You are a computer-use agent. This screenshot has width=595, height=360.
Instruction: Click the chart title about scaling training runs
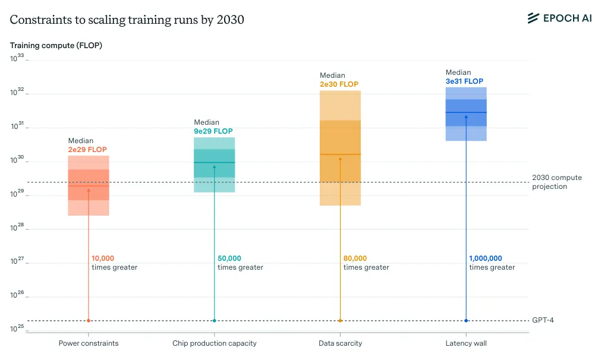coord(127,20)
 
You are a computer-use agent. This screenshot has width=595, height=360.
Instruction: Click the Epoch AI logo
coord(559,18)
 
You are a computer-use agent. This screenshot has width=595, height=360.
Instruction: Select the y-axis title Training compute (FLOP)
coord(56,45)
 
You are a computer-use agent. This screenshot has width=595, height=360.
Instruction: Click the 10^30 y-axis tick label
coord(17,160)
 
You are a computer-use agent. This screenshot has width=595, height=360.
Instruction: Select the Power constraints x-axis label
coord(89,343)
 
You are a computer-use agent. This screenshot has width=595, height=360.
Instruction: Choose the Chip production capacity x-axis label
coord(215,343)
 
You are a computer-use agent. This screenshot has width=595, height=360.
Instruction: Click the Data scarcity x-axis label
coord(341,343)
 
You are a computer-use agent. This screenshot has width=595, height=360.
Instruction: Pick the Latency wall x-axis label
coord(466,343)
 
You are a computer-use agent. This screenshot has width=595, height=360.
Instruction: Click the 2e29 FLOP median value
coord(87,150)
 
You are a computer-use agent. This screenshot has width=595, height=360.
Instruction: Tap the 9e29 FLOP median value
coord(213,131)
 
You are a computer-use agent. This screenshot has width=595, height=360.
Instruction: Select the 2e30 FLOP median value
coord(339,84)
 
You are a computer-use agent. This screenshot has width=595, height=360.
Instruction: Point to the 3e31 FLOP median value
coord(465,81)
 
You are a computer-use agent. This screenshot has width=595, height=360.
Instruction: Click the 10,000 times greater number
coord(103,258)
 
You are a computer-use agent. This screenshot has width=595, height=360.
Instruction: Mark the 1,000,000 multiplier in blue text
coord(486,258)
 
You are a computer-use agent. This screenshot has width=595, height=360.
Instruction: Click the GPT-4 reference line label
coord(543,320)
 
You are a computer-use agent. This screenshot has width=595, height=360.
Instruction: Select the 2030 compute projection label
coord(556,182)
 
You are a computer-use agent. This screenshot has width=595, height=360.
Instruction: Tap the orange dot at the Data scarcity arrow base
coord(340,321)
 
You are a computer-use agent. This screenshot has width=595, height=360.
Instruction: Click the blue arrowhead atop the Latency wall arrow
coord(466,116)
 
